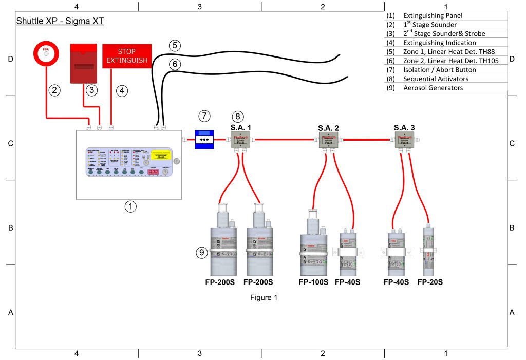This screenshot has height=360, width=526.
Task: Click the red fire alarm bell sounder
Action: [x=46, y=54]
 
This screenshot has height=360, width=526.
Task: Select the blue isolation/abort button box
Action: [x=204, y=139]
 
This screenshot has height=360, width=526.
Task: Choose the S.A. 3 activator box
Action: [x=404, y=139]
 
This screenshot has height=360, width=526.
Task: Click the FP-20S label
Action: [x=430, y=282]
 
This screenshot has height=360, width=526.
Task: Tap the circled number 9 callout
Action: [x=202, y=252]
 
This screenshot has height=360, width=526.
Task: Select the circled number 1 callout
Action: [x=131, y=206]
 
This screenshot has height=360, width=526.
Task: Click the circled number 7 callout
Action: [x=204, y=117]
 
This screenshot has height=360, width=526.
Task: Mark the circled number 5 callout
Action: [x=175, y=45]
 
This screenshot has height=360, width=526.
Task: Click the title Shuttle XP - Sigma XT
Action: [x=61, y=21]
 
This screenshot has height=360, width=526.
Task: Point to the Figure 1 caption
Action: [x=264, y=298]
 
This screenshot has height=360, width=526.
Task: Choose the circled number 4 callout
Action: [x=121, y=90]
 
